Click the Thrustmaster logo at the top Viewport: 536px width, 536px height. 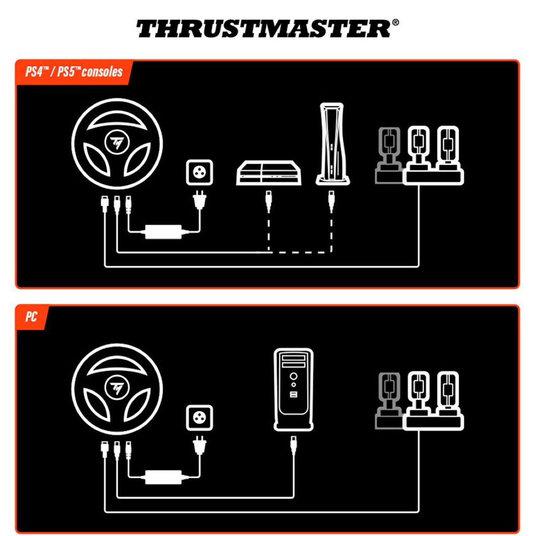(x=267, y=29)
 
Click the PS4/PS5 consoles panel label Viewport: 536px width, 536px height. (x=74, y=71)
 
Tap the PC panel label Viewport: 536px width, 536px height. (x=31, y=317)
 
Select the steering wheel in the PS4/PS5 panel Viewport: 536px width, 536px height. (x=117, y=144)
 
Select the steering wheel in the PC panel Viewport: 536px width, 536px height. (x=117, y=389)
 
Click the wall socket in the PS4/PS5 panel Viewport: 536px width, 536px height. (x=199, y=173)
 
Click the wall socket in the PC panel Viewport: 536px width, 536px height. (x=199, y=418)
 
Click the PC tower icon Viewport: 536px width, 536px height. (x=293, y=389)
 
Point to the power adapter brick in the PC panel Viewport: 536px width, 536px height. (x=163, y=477)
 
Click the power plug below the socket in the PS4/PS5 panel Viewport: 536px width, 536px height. (x=199, y=200)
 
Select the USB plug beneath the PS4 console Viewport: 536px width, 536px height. (x=269, y=202)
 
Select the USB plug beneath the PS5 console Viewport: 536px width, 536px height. (x=331, y=202)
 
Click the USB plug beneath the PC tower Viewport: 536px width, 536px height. (x=293, y=446)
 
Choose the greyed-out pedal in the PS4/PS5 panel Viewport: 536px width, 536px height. (x=389, y=155)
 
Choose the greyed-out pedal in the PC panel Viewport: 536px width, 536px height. (x=389, y=401)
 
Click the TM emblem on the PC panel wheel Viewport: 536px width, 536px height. (x=116, y=388)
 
